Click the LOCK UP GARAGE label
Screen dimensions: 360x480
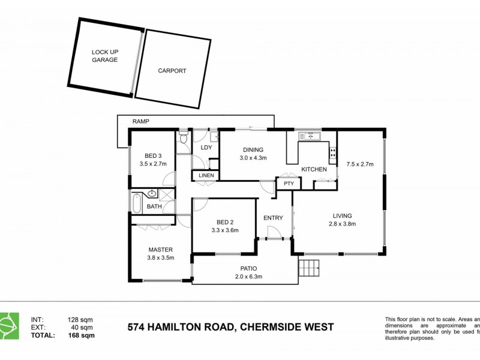click(104, 56)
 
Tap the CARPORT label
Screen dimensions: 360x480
click(172, 71)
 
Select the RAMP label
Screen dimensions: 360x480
click(140, 121)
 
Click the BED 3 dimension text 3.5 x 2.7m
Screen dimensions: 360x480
click(152, 163)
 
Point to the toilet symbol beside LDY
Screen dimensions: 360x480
click(184, 139)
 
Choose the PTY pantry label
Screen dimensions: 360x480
click(289, 184)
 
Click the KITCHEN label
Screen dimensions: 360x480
click(314, 169)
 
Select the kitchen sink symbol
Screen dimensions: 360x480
click(311, 137)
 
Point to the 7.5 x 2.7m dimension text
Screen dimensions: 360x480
click(359, 163)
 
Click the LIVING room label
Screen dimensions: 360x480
click(343, 215)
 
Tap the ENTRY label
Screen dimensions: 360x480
click(273, 218)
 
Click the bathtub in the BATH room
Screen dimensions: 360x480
click(136, 203)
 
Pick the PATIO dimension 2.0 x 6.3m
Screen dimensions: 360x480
click(248, 277)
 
